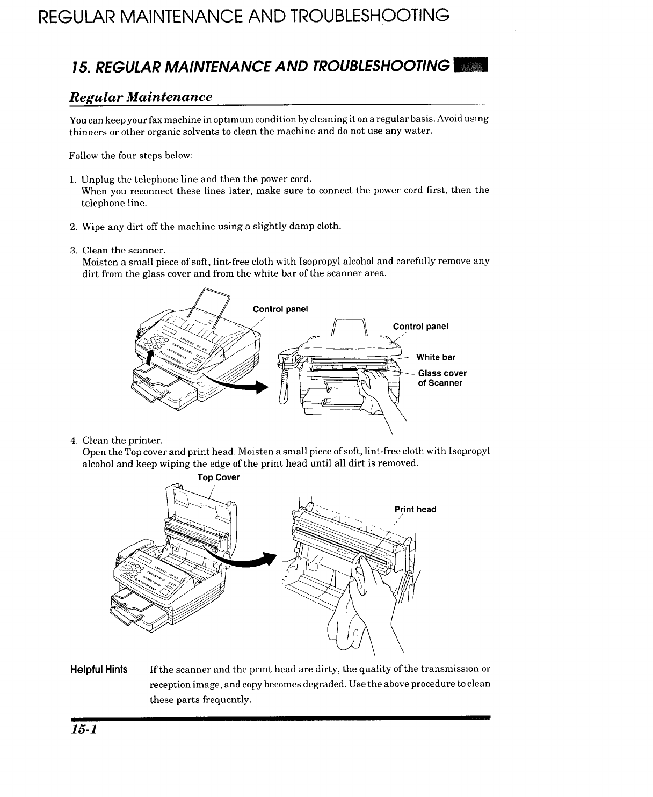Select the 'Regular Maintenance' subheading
[x=141, y=97]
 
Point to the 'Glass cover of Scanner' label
[x=442, y=378]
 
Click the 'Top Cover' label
[x=218, y=477]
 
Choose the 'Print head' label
[x=415, y=509]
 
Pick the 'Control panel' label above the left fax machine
[x=280, y=309]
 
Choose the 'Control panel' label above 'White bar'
[x=420, y=327]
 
